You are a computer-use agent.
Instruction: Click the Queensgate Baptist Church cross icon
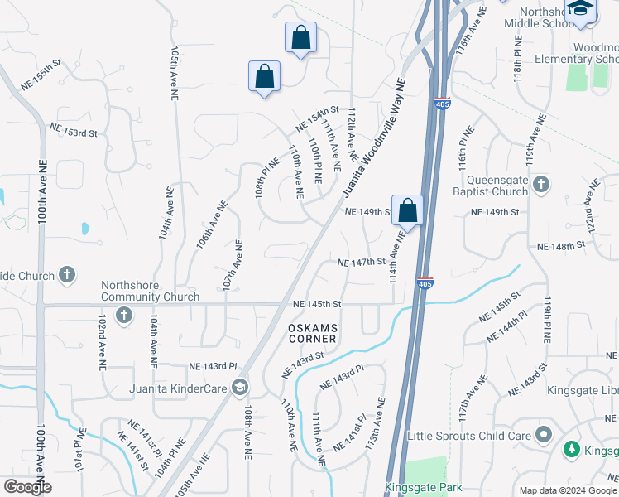pos(541,184)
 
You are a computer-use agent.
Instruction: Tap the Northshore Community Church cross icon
pos(124,315)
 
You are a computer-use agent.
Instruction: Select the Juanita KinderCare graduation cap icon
pos(239,386)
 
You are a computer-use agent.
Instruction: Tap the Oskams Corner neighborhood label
pos(312,333)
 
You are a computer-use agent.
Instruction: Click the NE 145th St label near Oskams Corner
pos(317,304)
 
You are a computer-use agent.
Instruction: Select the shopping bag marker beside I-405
pos(408,210)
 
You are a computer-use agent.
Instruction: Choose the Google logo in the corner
pos(27,487)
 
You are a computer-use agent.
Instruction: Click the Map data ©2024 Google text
pos(567,490)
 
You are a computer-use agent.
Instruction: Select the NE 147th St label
pos(362,262)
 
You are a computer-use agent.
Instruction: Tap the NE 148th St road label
pos(561,246)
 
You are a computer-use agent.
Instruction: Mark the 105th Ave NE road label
pos(175,73)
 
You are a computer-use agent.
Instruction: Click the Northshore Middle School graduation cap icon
pos(581,8)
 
